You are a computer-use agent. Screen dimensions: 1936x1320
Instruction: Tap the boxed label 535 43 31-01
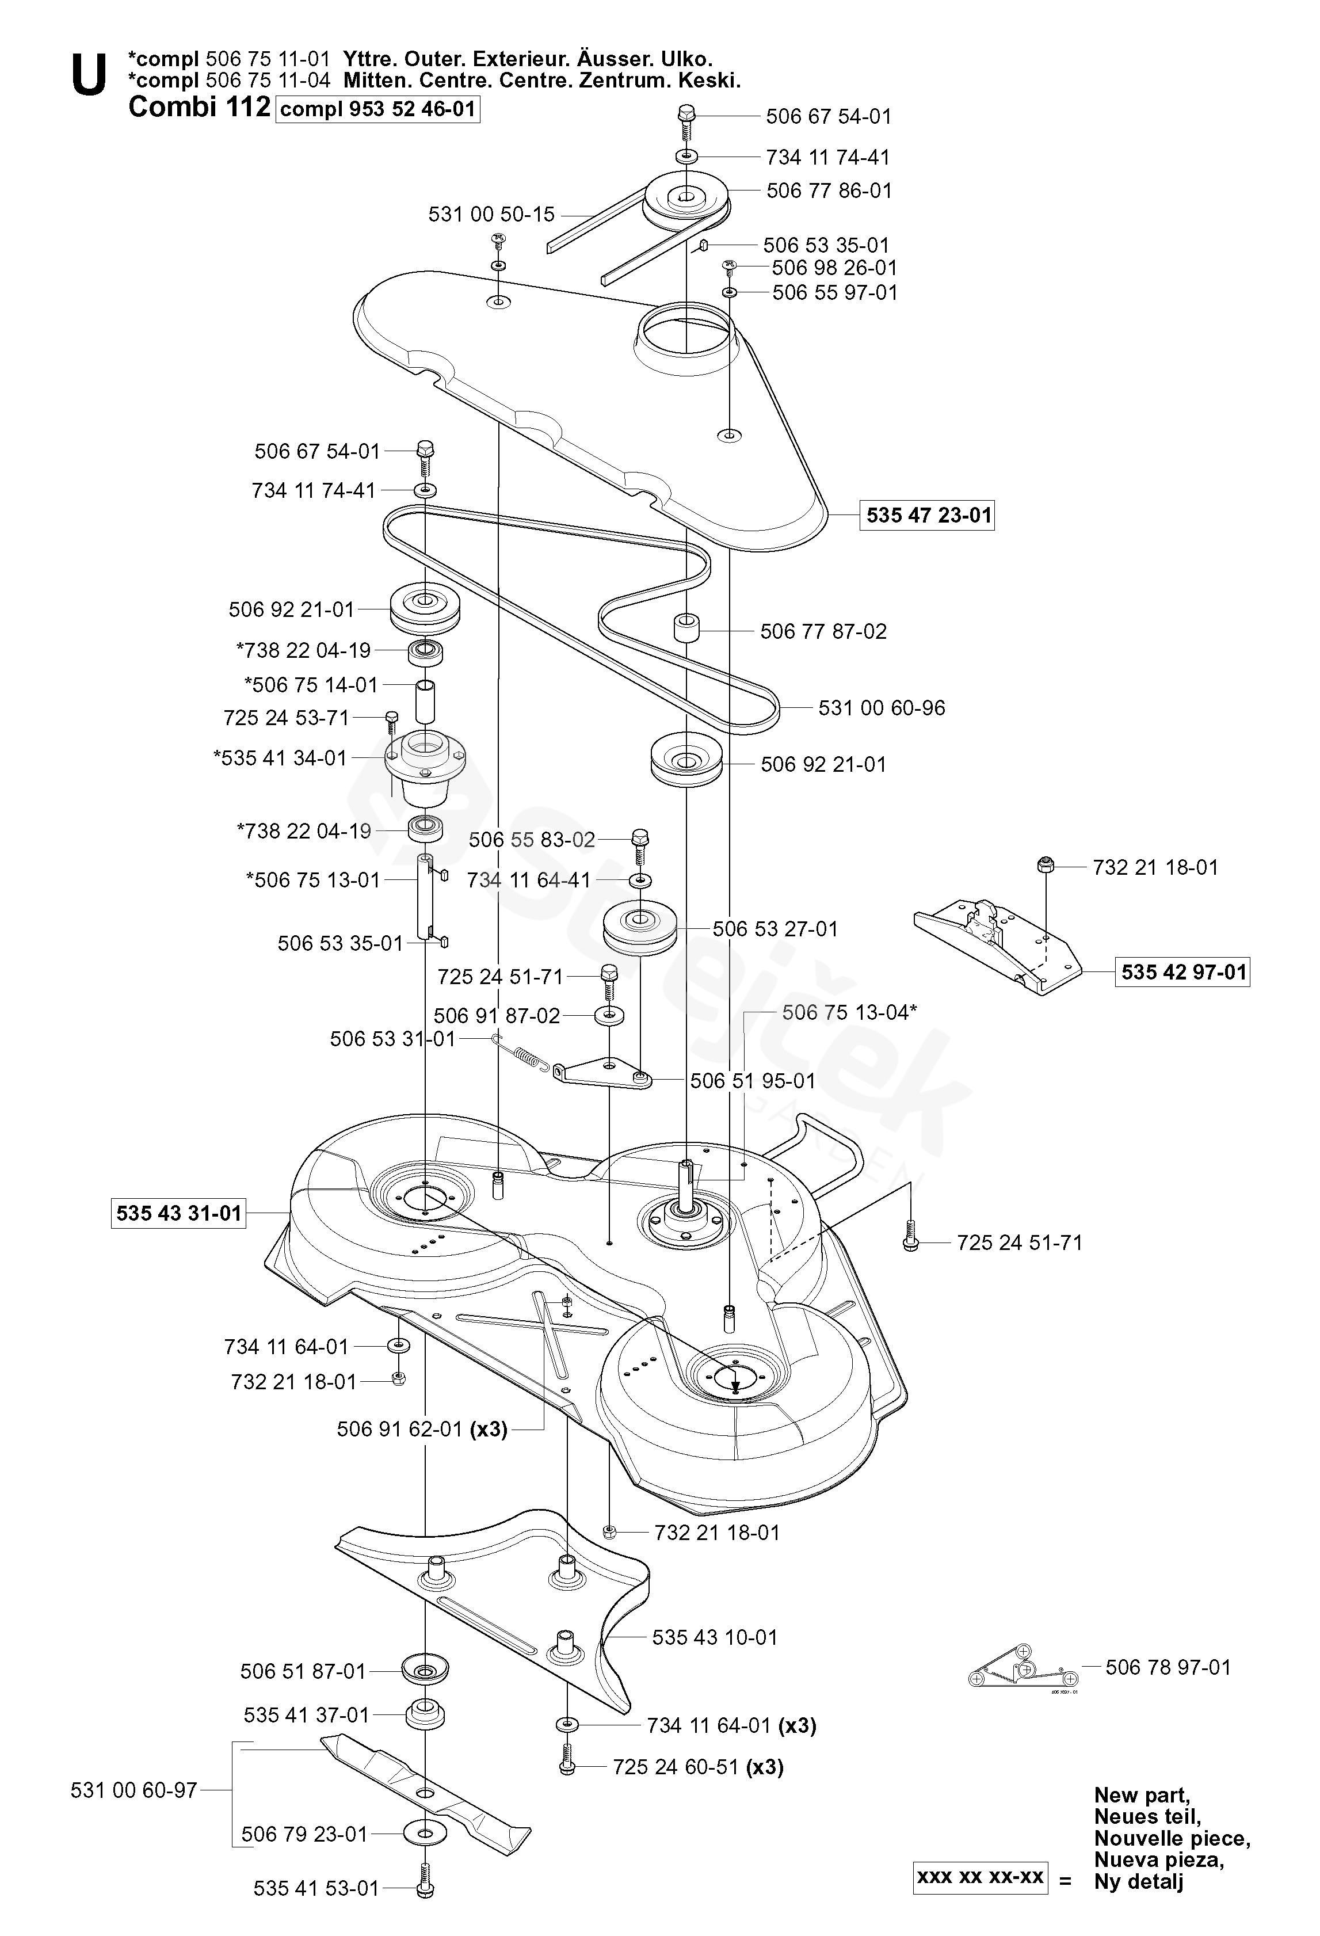click(178, 1213)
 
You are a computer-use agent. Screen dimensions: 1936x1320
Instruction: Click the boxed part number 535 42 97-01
click(1182, 971)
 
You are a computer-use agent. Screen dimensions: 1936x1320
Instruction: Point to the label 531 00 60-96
click(881, 707)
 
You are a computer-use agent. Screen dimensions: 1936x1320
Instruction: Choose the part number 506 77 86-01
click(829, 190)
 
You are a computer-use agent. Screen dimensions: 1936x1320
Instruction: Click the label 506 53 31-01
click(392, 1038)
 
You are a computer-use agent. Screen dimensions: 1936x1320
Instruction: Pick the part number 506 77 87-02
click(823, 631)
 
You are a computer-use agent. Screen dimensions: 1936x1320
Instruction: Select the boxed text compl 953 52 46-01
click(378, 109)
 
